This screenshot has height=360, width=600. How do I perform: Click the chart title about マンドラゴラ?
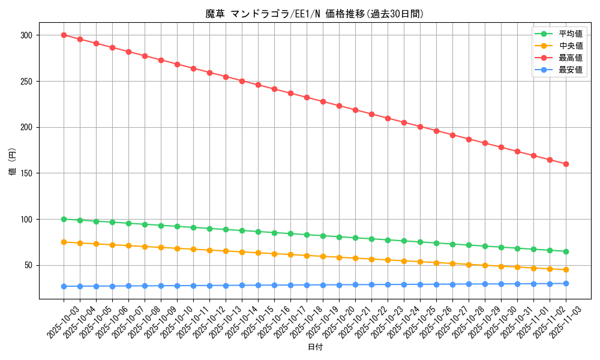click(x=314, y=14)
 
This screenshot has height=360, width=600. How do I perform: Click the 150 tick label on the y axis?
click(x=27, y=173)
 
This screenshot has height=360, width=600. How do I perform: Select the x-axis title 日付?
click(x=315, y=347)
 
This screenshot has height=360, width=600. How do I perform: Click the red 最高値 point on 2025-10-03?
click(x=64, y=35)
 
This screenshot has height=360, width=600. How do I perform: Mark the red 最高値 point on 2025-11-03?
click(x=566, y=164)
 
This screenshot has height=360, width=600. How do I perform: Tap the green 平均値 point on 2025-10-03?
click(x=64, y=219)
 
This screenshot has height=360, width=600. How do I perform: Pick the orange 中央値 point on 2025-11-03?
click(x=566, y=269)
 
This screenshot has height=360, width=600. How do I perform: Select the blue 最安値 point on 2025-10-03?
click(x=64, y=286)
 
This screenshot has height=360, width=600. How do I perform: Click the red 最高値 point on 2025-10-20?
click(x=339, y=106)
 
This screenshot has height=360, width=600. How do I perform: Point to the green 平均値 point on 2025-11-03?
click(x=566, y=251)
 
